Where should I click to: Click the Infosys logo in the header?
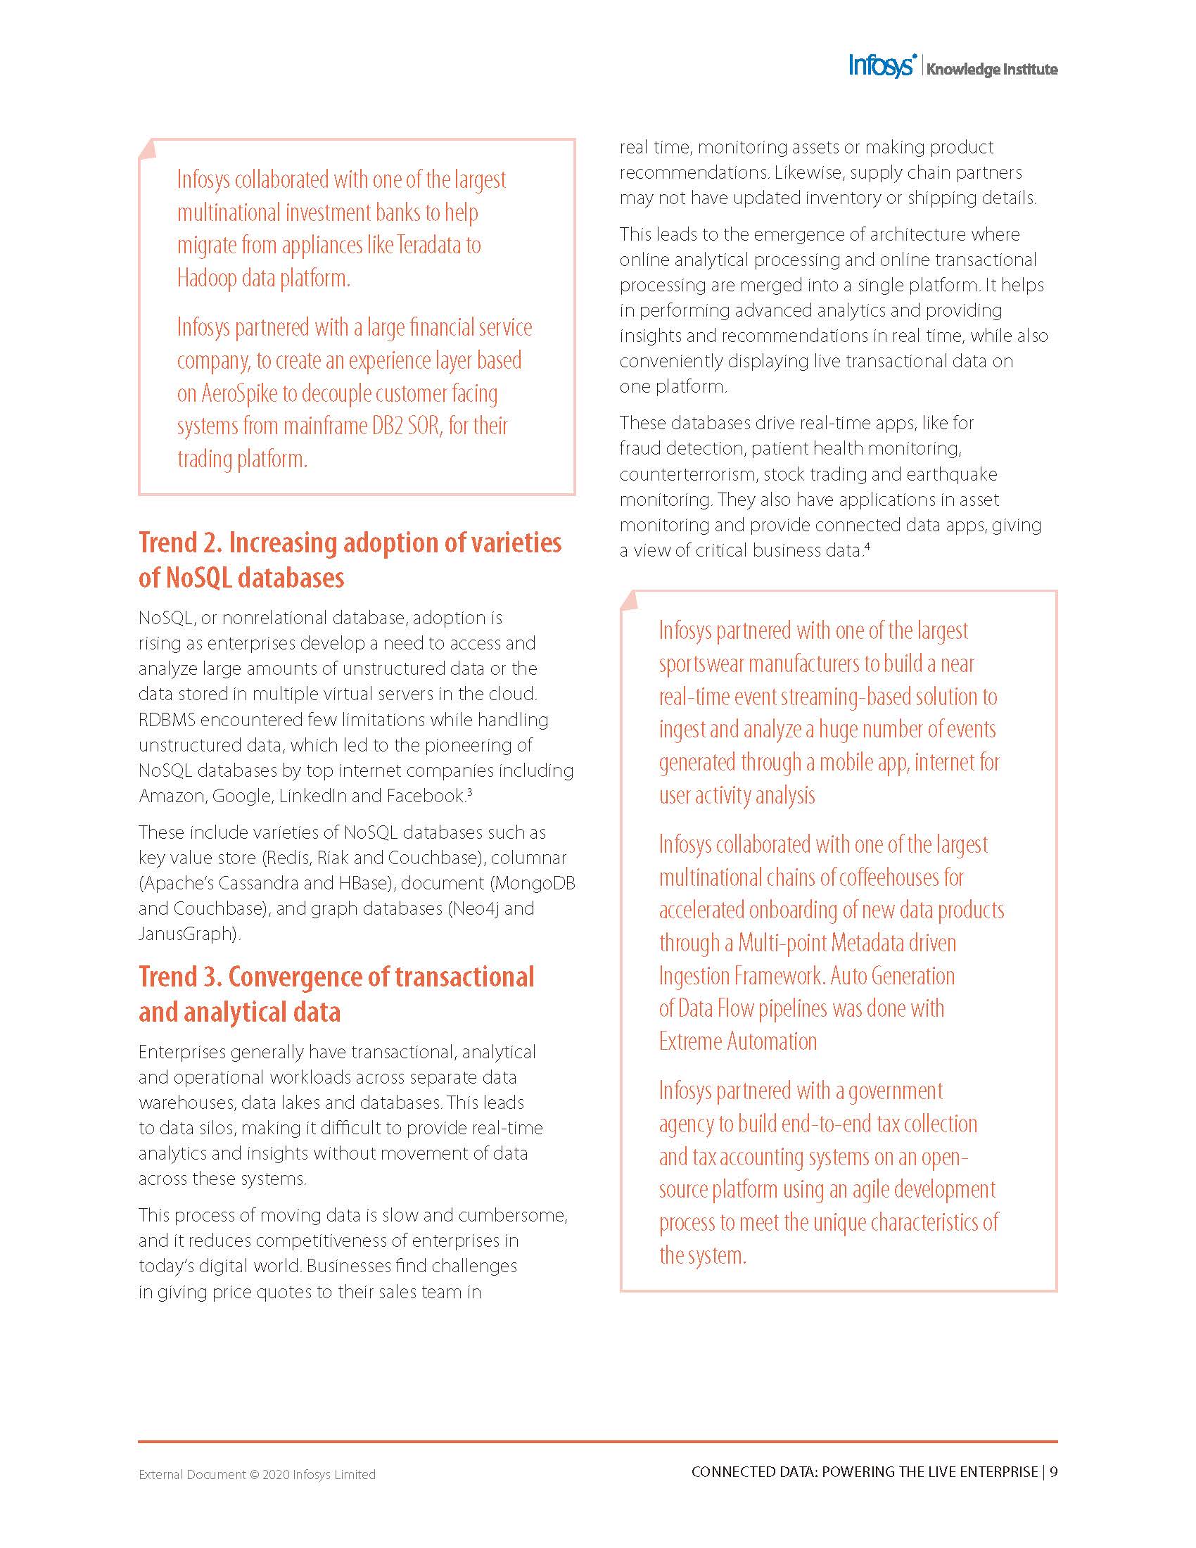[883, 65]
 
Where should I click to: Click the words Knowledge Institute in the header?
[991, 70]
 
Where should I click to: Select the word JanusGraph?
[187, 934]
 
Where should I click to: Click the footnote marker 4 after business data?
[867, 546]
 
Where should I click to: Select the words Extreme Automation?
[737, 1041]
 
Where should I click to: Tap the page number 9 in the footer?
[1054, 1472]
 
